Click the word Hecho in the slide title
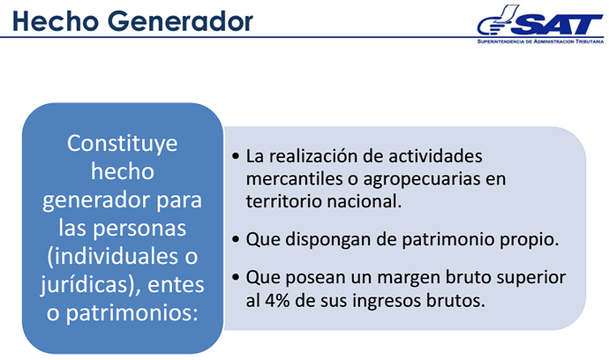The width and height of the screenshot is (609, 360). (56, 21)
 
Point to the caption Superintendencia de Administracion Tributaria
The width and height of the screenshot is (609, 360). (540, 41)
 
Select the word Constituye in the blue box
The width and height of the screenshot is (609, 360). (123, 144)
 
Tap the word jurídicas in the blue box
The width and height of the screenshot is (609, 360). (85, 285)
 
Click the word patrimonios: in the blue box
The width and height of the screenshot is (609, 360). (132, 313)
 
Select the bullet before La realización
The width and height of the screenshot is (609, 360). (236, 156)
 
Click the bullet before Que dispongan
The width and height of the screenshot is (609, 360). (236, 239)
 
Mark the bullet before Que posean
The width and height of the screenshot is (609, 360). (236, 278)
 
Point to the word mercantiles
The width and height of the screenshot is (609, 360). (295, 178)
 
